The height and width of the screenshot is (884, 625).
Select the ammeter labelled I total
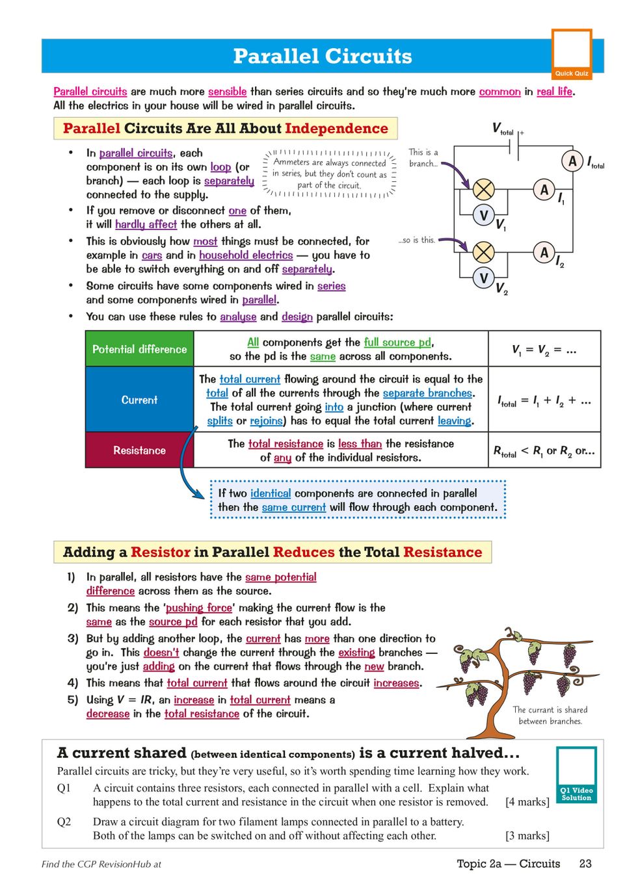point(572,161)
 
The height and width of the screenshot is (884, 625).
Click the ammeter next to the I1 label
point(544,190)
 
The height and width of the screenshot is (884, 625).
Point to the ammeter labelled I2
point(544,253)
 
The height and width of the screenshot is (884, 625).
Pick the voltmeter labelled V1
point(483,215)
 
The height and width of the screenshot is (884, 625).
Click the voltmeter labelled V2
point(483,278)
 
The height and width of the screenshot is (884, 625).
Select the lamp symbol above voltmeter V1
point(483,189)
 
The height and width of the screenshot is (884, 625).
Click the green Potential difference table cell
point(139,349)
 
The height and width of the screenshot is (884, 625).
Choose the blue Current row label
point(139,400)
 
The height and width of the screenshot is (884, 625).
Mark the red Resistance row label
point(139,450)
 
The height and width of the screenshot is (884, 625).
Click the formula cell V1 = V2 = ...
point(544,350)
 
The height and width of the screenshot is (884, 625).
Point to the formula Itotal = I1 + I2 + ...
point(544,401)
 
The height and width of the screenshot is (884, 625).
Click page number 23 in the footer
point(585,863)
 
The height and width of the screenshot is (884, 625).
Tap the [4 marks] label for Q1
point(527,802)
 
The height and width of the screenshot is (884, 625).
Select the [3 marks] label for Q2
point(527,835)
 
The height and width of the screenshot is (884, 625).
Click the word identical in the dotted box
point(270,493)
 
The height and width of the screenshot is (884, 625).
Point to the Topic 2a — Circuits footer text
point(508,863)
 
